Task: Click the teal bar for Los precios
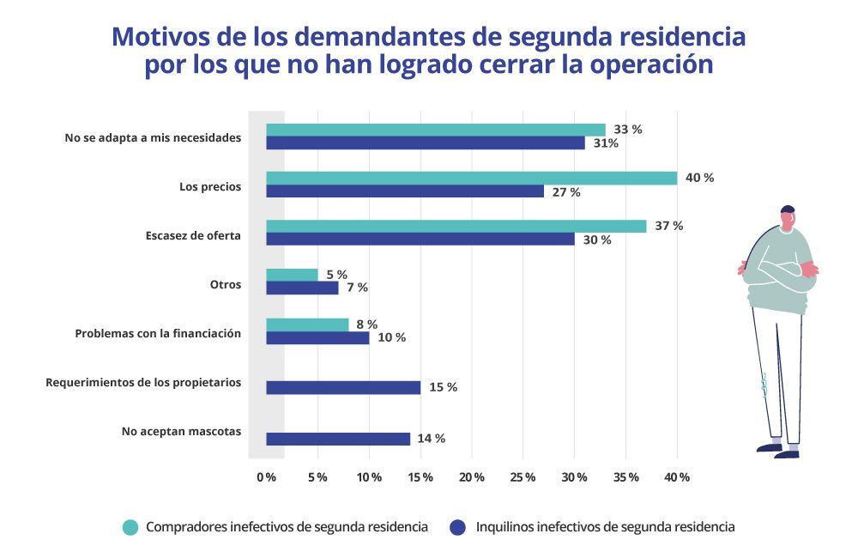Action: pyautogui.click(x=471, y=178)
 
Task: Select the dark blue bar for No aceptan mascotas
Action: pyautogui.click(x=338, y=439)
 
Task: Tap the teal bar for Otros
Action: pyautogui.click(x=292, y=275)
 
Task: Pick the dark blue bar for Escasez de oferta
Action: pyautogui.click(x=420, y=240)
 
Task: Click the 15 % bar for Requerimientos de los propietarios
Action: pyautogui.click(x=343, y=387)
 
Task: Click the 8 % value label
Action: pyautogui.click(x=366, y=324)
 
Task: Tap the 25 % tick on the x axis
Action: pyautogui.click(x=523, y=476)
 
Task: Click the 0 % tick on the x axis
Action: pyautogui.click(x=266, y=476)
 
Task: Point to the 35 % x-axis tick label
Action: pyautogui.click(x=625, y=476)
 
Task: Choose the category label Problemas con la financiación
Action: pyautogui.click(x=158, y=332)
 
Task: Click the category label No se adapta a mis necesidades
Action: pyautogui.click(x=153, y=136)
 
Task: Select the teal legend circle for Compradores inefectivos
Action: pyautogui.click(x=130, y=527)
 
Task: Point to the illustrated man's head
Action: pyautogui.click(x=787, y=218)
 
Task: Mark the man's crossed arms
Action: pyautogui.click(x=778, y=270)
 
